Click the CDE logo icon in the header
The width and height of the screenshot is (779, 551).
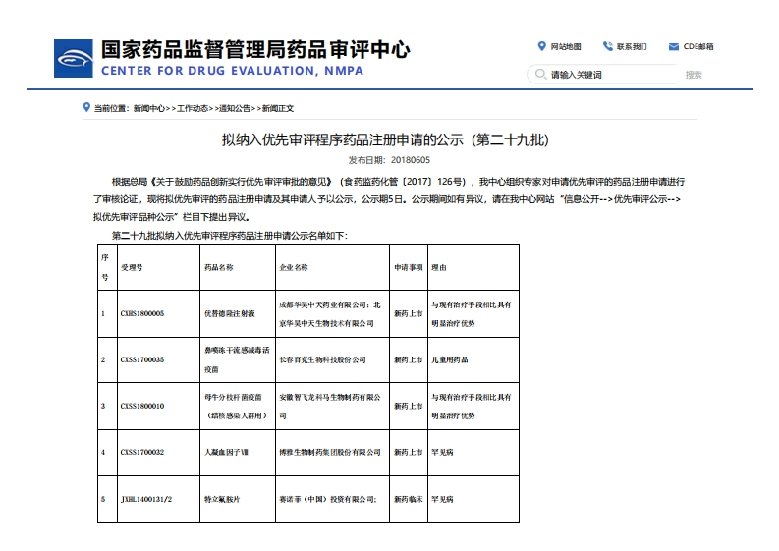73,57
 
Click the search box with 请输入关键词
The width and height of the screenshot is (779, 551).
609,75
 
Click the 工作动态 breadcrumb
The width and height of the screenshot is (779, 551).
193,108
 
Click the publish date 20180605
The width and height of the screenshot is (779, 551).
410,159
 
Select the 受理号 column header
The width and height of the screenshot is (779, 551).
132,266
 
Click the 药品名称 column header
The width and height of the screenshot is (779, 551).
218,266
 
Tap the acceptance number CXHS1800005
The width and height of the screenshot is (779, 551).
142,313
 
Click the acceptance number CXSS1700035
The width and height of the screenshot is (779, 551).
142,359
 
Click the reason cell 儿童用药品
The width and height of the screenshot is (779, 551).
450,359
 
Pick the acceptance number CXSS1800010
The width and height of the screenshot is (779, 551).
142,406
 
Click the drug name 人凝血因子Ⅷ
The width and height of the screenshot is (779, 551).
225,452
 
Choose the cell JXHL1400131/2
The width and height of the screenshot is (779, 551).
146,499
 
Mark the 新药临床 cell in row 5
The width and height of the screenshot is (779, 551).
408,499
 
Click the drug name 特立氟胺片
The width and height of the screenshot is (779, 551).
222,499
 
